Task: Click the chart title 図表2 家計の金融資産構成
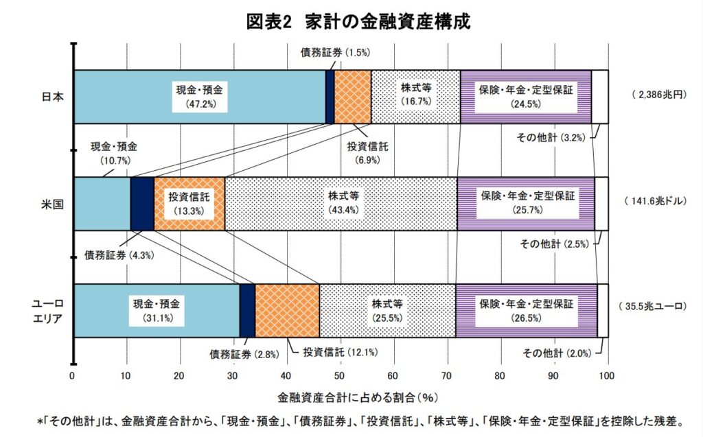click(x=358, y=21)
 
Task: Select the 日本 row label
click(x=52, y=97)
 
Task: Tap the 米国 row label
click(x=52, y=204)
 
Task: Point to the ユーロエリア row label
click(x=48, y=311)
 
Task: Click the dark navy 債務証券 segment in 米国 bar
click(x=142, y=204)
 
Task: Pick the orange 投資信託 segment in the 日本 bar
click(x=353, y=97)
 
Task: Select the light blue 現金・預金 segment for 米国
click(x=102, y=204)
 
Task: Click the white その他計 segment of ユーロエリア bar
click(x=603, y=311)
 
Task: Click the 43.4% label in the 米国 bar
click(x=343, y=210)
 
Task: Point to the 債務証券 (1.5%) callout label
click(x=335, y=52)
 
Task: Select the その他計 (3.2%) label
click(x=551, y=138)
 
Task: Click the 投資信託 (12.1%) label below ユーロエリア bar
click(x=341, y=353)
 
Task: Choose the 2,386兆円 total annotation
click(x=659, y=95)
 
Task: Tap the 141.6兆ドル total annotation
click(x=656, y=201)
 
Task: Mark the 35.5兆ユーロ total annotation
click(x=652, y=307)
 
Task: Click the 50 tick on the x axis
click(x=339, y=375)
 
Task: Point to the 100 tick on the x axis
click(x=607, y=375)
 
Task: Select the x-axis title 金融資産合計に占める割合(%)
click(x=357, y=397)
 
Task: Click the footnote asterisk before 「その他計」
click(x=39, y=421)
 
